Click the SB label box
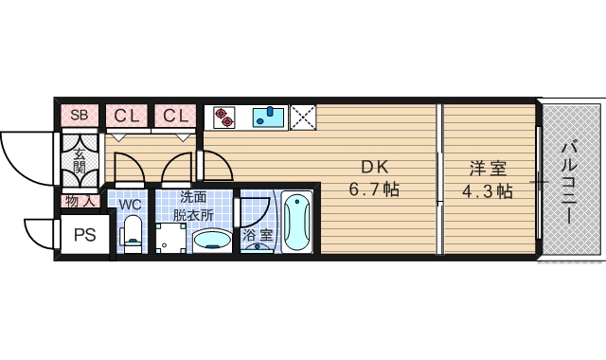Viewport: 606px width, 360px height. (80, 116)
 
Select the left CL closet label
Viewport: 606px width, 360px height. (127, 116)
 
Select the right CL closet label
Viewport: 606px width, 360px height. (175, 116)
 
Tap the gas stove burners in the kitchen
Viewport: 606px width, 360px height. (223, 117)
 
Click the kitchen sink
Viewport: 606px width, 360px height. (269, 117)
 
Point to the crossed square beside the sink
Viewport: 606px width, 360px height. (302, 117)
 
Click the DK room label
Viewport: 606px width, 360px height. (373, 169)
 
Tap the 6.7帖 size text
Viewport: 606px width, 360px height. (373, 190)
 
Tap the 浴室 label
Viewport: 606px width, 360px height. (257, 234)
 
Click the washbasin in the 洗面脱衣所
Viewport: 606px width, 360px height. (211, 240)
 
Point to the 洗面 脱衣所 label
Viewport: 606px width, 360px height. (193, 206)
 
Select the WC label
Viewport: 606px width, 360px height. (131, 203)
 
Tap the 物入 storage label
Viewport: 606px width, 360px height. (80, 201)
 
